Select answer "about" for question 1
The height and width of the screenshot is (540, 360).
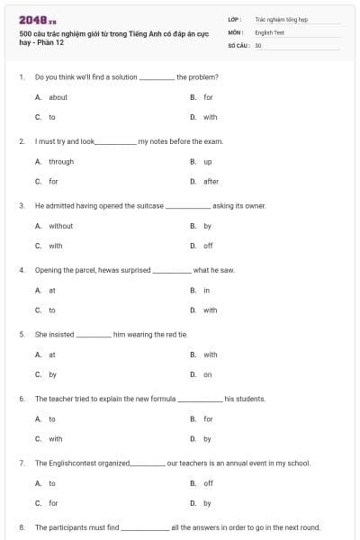(x=58, y=97)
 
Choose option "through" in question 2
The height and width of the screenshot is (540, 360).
(x=61, y=162)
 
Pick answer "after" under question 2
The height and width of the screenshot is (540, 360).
(x=211, y=181)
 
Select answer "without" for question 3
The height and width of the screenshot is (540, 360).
(x=60, y=226)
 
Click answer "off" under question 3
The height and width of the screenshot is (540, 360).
(x=208, y=246)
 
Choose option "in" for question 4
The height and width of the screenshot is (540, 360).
(x=206, y=290)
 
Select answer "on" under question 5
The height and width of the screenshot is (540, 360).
(x=207, y=373)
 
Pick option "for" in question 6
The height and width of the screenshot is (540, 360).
(x=208, y=418)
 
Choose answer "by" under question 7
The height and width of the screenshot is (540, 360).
(x=207, y=503)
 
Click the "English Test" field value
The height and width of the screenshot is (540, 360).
(x=270, y=31)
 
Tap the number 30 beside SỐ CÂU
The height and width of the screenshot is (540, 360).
(x=258, y=44)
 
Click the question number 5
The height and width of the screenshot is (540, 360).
(x=22, y=335)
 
